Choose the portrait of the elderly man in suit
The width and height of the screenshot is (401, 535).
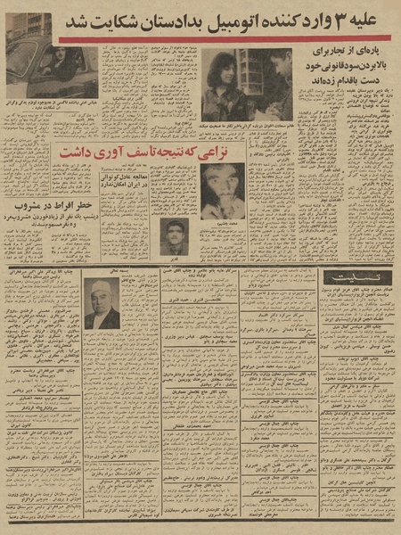[103, 303]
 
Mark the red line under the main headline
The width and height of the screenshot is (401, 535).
[223, 39]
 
